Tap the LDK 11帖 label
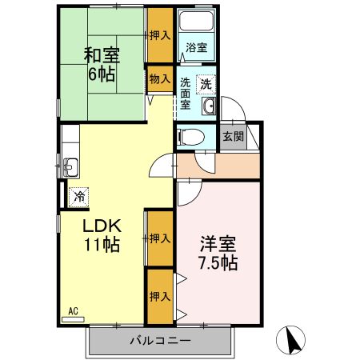[102, 234]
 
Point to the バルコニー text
[160, 342]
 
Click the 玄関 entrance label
[233, 135]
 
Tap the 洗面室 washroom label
[185, 93]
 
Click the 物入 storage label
[159, 78]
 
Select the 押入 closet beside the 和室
[159, 35]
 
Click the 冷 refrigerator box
[78, 194]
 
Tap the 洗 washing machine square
[206, 83]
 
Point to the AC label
[72, 310]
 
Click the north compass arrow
[293, 341]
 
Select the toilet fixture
[186, 138]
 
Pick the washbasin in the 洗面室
[210, 107]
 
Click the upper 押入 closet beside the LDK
[159, 238]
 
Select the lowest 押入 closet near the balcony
[159, 296]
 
